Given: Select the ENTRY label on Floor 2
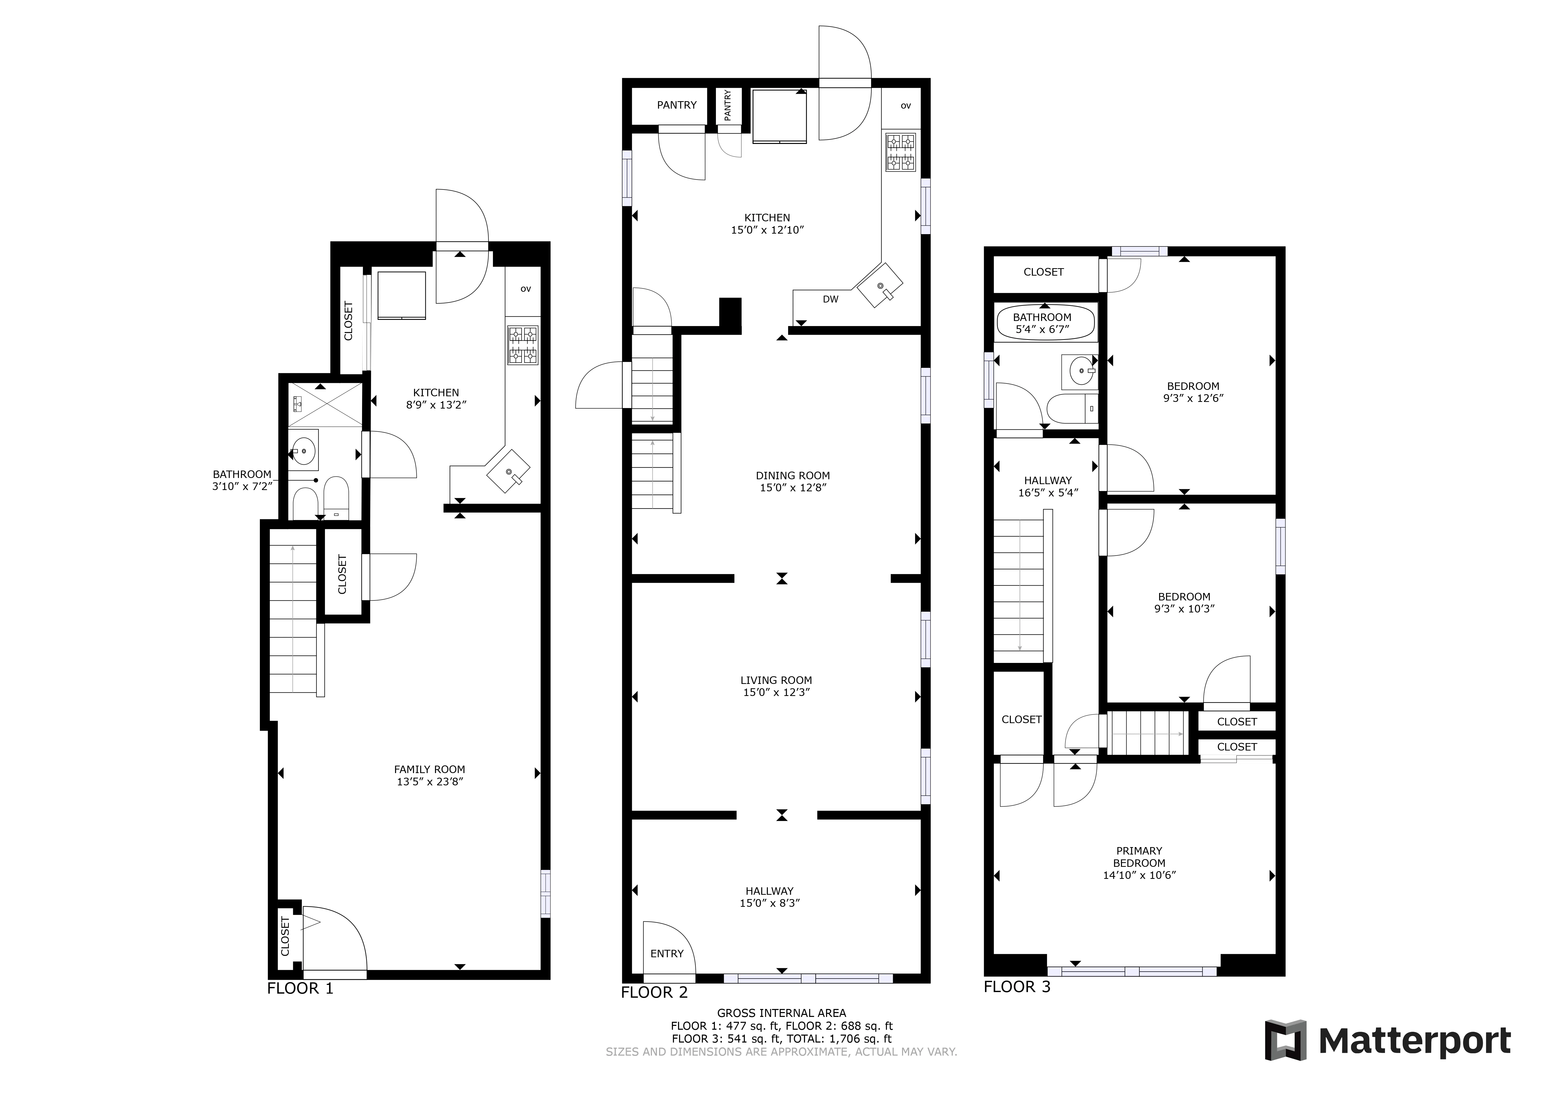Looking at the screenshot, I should click(667, 954).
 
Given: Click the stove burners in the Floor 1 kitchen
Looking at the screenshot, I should click(523, 345).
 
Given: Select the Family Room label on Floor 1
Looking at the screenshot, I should click(429, 769).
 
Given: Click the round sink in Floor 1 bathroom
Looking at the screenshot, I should click(303, 447).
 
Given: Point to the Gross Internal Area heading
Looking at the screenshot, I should click(781, 1013).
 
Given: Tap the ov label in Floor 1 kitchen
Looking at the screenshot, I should click(526, 289).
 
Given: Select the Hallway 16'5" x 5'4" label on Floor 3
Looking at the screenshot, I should click(1048, 487).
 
